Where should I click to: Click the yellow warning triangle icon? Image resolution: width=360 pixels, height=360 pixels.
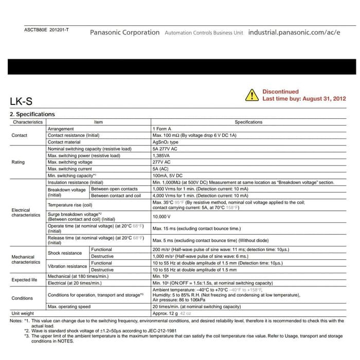coord(251,95)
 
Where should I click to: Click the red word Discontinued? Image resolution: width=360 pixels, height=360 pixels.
coord(280,92)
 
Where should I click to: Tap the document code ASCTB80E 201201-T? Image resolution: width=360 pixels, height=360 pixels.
coord(47,30)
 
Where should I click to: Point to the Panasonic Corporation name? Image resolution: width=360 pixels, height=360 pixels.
coord(125,32)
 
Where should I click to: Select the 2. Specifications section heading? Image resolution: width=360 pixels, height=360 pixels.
coord(32,114)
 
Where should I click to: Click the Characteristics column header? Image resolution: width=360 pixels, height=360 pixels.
coord(28,122)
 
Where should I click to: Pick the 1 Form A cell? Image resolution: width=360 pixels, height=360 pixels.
coord(163,129)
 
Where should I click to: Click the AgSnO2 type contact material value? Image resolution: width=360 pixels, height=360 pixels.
coord(166,142)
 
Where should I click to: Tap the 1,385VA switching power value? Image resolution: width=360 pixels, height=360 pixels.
coord(163,155)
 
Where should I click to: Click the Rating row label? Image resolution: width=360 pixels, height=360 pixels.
coord(18,162)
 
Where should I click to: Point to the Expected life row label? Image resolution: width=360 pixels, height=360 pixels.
coord(24,280)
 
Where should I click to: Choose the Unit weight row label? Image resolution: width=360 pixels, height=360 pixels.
coord(23,313)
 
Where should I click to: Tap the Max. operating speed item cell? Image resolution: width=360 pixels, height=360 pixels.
coord(69,307)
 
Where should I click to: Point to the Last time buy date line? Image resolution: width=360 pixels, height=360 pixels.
coord(304,99)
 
